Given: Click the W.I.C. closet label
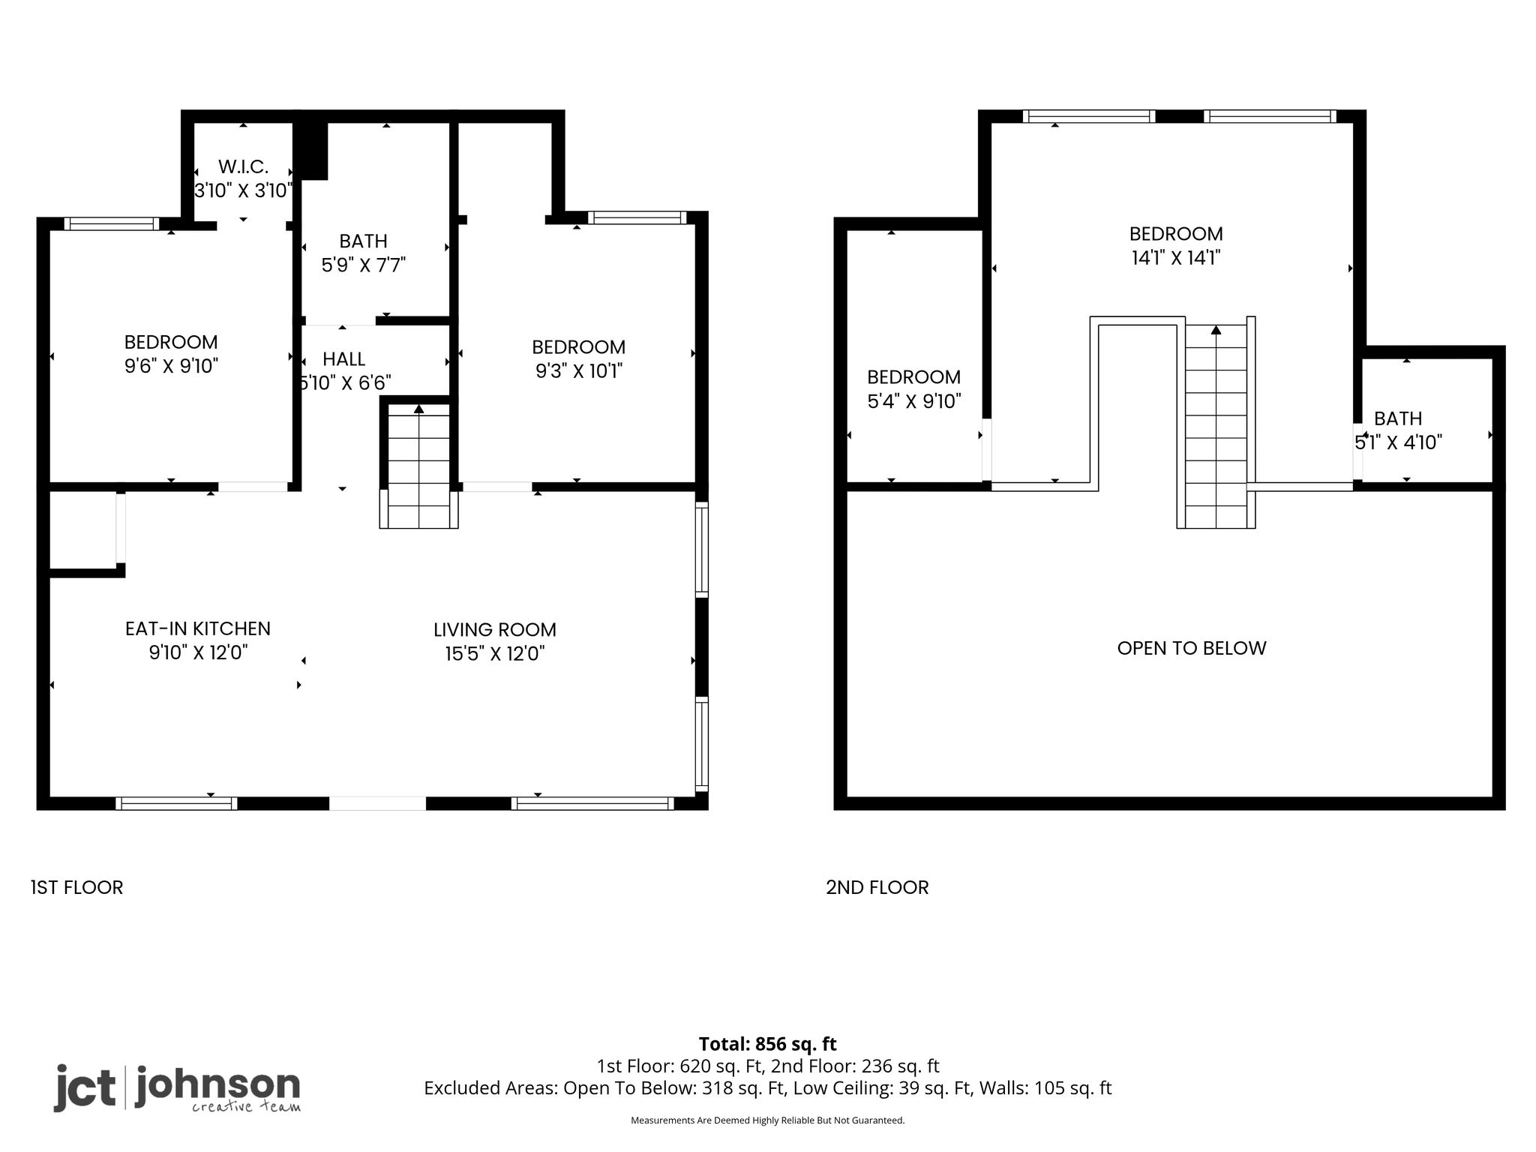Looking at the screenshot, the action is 243,166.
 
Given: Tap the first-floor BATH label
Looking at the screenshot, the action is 364,241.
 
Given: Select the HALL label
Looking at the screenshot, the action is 344,359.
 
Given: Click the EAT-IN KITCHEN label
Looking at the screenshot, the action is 198,628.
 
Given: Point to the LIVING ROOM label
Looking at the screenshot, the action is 495,630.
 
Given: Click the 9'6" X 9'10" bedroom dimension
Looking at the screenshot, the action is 171,366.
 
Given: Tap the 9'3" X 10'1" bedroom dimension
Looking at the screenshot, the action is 579,371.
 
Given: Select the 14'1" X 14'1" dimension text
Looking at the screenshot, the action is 1176,258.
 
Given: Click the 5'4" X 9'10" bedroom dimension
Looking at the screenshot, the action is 914,401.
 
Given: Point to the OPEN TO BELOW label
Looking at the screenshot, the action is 1192,648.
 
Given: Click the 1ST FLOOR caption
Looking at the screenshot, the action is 76,887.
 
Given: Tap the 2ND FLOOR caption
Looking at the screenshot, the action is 877,887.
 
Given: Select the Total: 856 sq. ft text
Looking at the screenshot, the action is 768,1044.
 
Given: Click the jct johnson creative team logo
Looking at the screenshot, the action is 177,1088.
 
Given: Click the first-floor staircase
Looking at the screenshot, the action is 418,465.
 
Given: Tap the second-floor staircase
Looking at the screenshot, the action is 1216,424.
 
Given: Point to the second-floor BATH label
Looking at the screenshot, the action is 1398,418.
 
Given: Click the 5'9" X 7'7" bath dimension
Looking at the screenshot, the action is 364,265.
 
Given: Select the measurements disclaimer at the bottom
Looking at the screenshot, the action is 768,1120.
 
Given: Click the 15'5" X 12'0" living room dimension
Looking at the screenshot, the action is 495,654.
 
